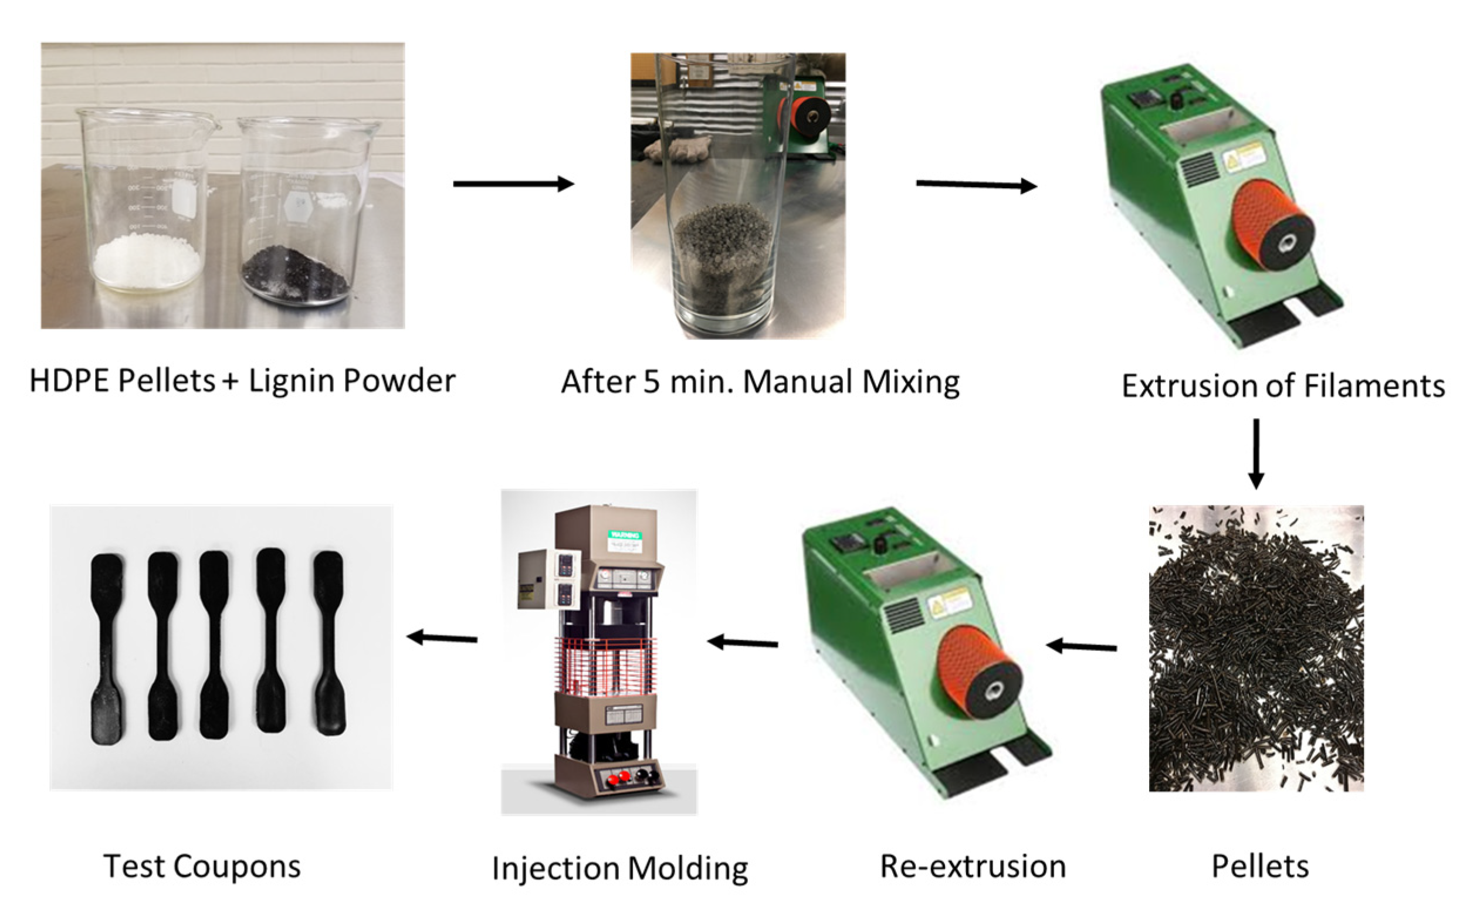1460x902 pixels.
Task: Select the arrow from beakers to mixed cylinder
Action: coord(513,184)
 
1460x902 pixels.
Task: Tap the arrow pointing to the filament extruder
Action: coord(976,185)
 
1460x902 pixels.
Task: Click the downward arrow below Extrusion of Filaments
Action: coord(1256,453)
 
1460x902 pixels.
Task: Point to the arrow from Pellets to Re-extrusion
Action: coord(1081,646)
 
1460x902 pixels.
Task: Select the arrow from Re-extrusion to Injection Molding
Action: coord(742,643)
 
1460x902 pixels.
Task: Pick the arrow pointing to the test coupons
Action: coord(442,638)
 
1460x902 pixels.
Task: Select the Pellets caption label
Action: coord(1260,867)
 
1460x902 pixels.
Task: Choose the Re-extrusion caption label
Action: coord(973,867)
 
